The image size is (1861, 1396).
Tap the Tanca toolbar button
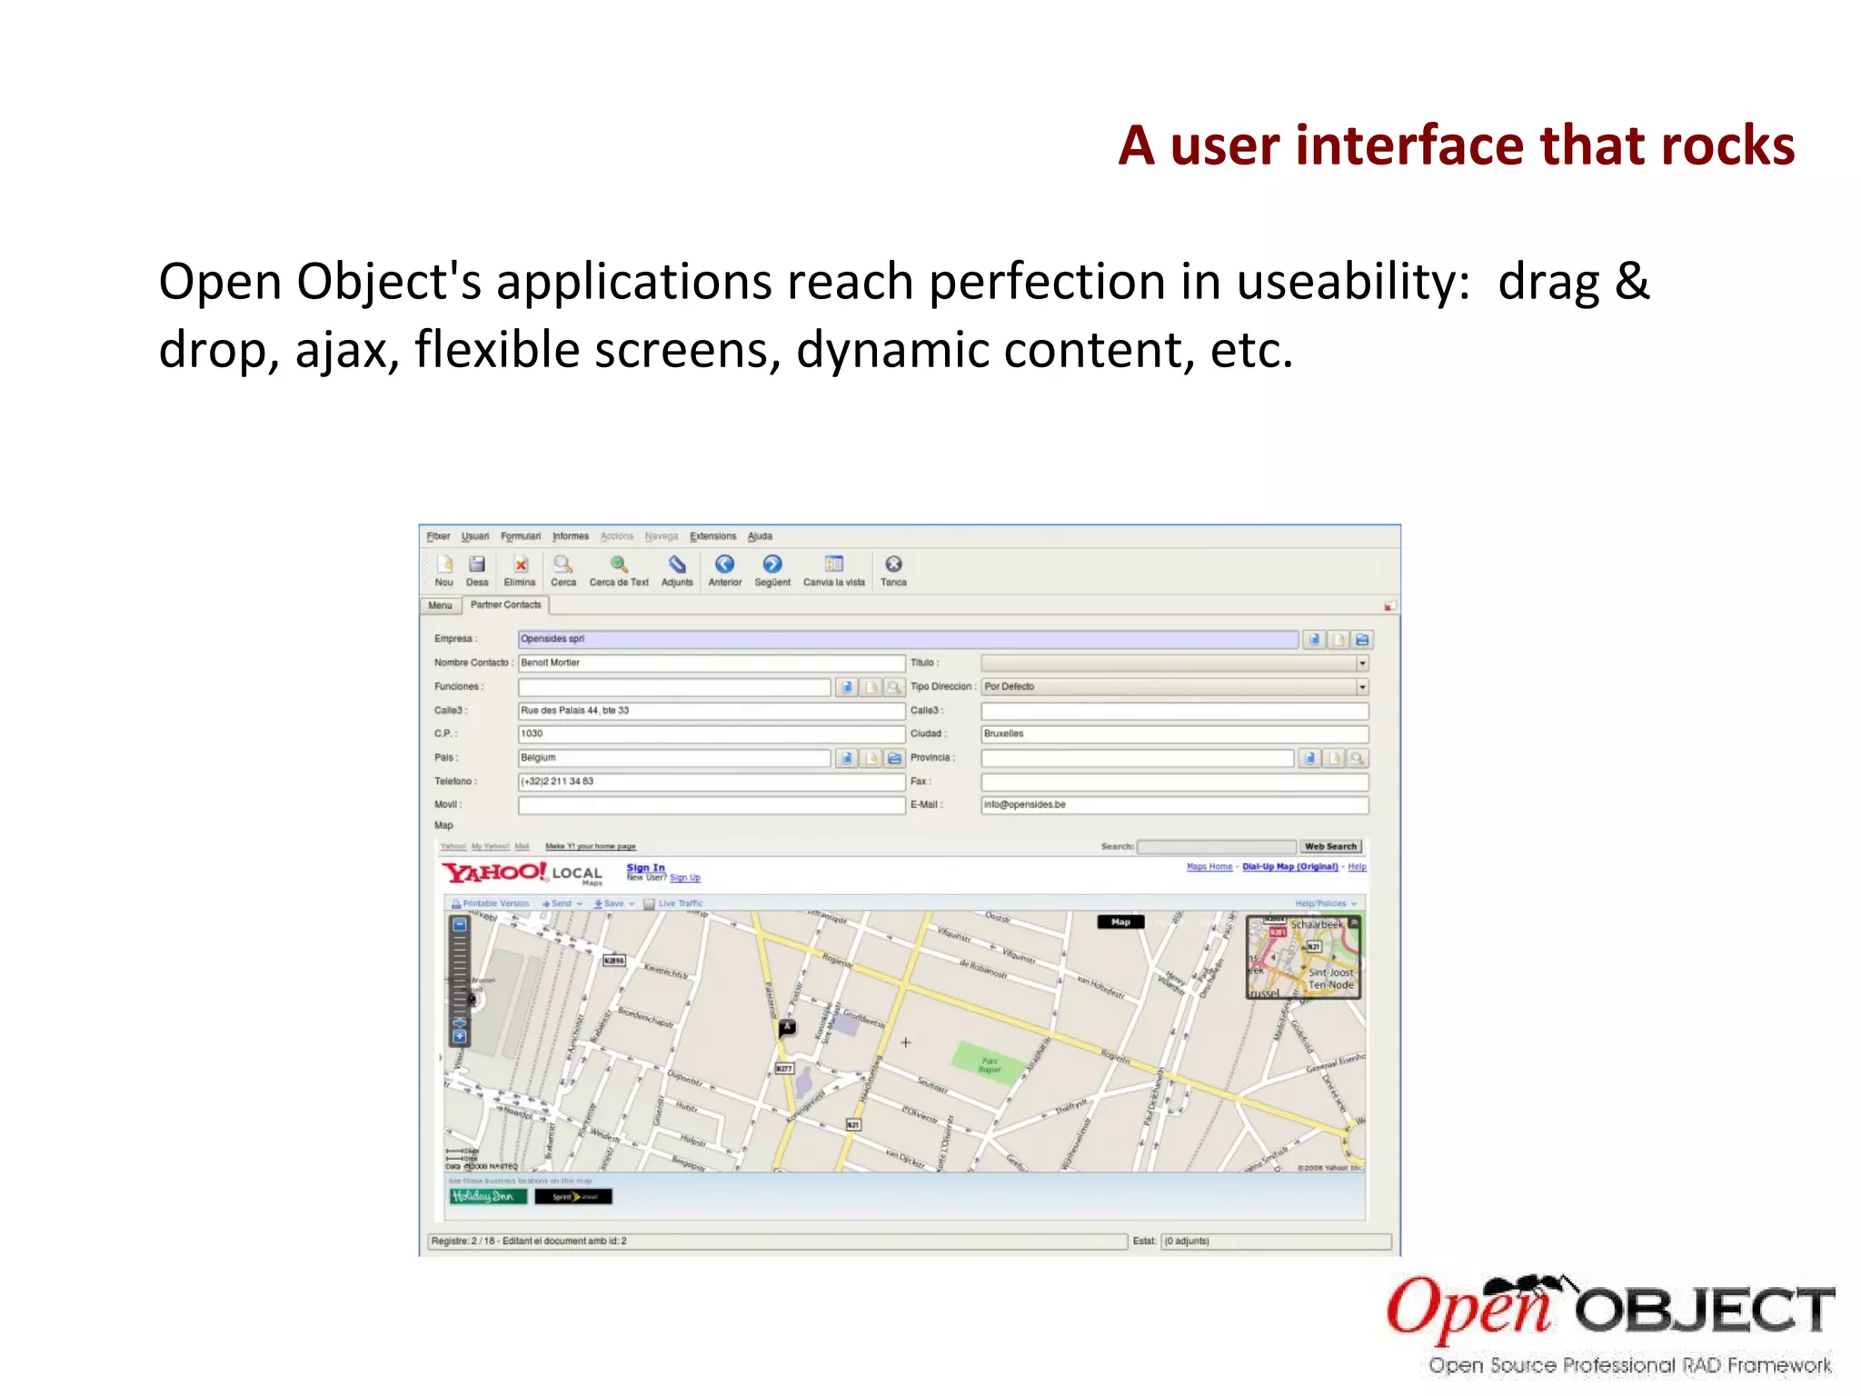click(893, 571)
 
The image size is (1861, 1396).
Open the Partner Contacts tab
click(505, 605)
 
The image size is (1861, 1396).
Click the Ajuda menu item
click(760, 536)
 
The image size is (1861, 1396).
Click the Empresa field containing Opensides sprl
click(907, 639)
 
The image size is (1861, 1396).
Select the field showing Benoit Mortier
click(711, 663)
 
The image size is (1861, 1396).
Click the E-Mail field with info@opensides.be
click(1174, 804)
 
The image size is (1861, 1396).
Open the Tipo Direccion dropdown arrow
click(1362, 687)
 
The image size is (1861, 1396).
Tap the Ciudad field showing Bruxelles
click(1174, 733)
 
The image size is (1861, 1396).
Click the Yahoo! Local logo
click(522, 873)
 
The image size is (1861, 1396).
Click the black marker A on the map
click(787, 1028)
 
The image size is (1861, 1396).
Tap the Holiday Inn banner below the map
click(488, 1196)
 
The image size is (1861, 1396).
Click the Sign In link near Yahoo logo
click(645, 868)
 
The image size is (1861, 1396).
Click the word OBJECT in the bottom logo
click(1704, 1311)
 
